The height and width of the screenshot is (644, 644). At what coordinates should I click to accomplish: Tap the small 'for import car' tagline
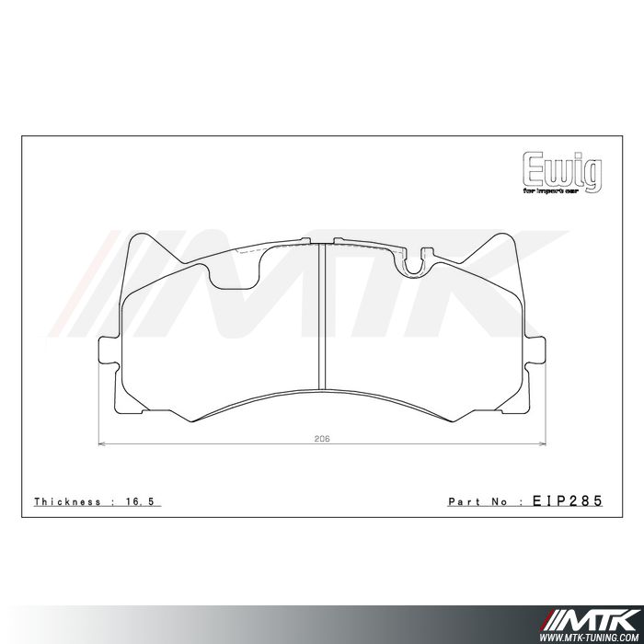pyautogui.click(x=562, y=191)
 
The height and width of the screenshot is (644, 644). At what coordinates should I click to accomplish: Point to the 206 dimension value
pyautogui.click(x=320, y=439)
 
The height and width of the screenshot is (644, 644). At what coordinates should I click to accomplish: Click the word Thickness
pyautogui.click(x=67, y=501)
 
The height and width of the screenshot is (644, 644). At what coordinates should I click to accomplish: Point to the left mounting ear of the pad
pyautogui.click(x=107, y=359)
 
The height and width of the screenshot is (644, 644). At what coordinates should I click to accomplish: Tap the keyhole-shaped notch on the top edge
pyautogui.click(x=413, y=262)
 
